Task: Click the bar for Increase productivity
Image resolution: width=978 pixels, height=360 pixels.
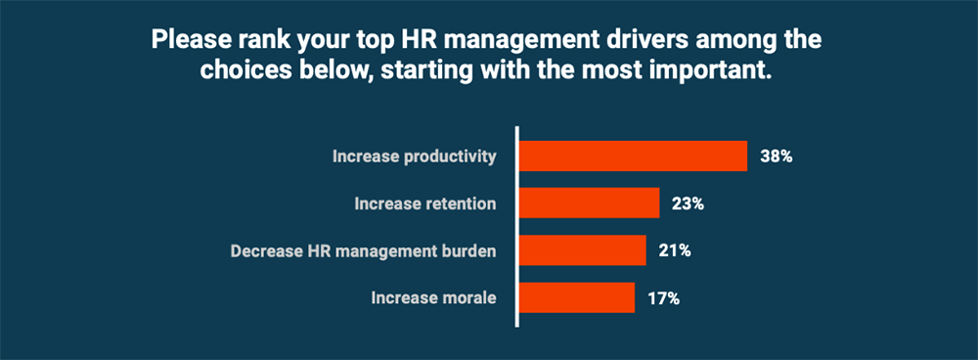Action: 632,157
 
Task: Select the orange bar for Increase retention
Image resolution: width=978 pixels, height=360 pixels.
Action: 589,203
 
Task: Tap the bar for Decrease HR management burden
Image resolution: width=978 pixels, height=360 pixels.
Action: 582,250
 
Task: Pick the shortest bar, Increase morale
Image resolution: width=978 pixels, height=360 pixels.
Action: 576,296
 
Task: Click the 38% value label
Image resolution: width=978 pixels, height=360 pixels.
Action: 776,157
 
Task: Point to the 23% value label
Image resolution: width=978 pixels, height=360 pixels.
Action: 688,203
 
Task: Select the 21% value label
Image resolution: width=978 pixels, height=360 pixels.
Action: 675,250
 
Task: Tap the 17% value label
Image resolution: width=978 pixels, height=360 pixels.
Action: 663,296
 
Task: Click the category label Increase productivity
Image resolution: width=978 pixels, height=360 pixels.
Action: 415,157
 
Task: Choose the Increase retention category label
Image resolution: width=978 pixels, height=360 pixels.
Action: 424,203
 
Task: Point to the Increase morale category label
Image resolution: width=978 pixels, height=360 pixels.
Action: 433,296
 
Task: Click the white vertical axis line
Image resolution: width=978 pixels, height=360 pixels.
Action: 516,226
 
